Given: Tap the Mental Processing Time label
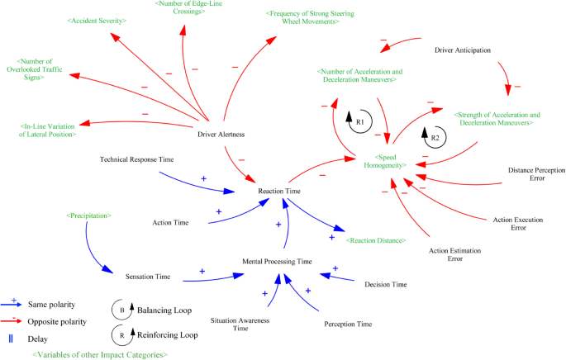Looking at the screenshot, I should pos(277,261).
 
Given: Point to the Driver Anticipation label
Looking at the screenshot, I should pos(463,50).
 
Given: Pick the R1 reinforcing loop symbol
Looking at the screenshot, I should pos(359,121).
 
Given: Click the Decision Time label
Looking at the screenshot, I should pos(385,284).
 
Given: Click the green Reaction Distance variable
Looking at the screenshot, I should pos(375,240).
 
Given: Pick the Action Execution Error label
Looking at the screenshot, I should pos(513,223).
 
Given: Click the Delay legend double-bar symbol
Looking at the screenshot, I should pos(13,338).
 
